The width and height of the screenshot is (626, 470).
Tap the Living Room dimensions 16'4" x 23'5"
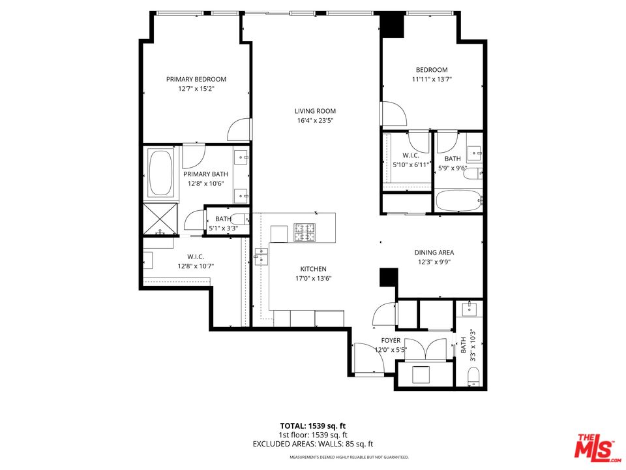click(x=315, y=120)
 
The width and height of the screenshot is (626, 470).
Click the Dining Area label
click(x=434, y=253)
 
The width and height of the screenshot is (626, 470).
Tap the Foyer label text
click(x=391, y=341)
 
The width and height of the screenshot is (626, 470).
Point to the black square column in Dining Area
click(x=389, y=277)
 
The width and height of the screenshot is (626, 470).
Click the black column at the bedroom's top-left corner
click(x=393, y=25)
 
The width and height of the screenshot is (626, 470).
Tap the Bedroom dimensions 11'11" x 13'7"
click(x=432, y=79)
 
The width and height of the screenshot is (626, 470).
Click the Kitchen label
click(x=313, y=269)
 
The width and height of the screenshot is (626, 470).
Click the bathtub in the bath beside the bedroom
click(x=459, y=201)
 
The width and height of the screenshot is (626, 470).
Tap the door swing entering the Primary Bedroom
click(x=239, y=129)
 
